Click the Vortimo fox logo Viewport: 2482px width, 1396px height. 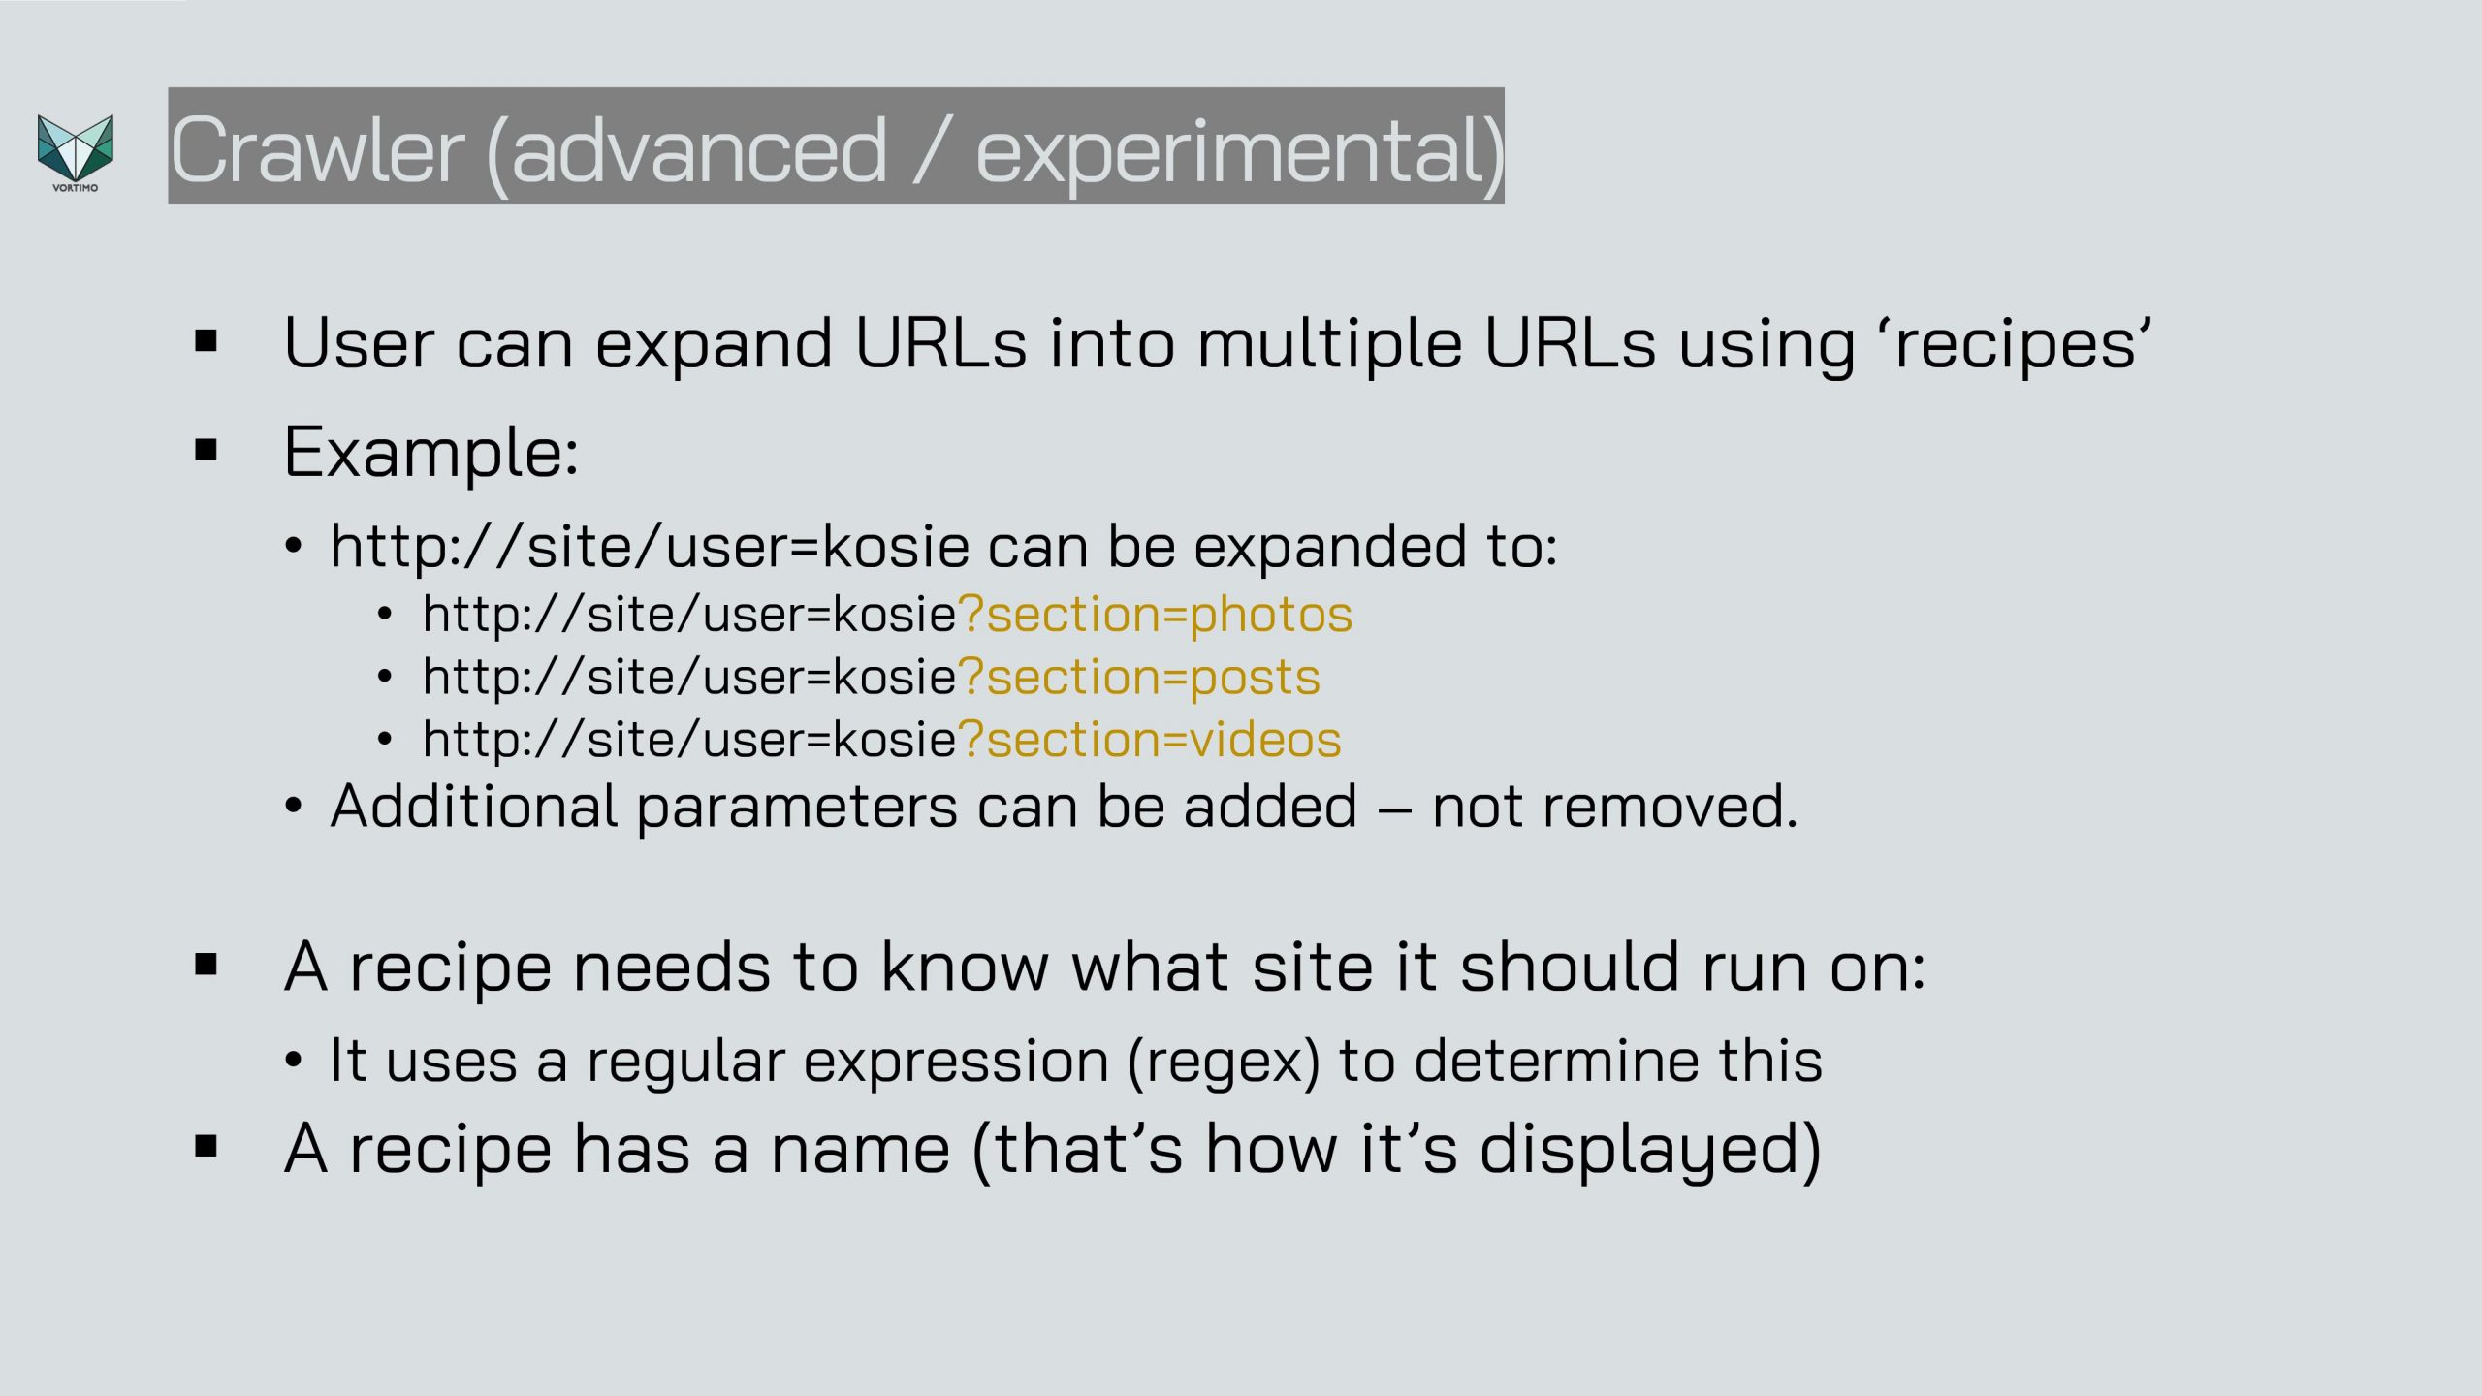click(x=76, y=152)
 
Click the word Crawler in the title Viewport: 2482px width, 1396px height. click(x=317, y=150)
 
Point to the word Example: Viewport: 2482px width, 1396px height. click(x=431, y=453)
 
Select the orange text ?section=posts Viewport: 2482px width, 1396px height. click(x=1139, y=678)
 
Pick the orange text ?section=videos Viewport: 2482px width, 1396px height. click(x=1150, y=740)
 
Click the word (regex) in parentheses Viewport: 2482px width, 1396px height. click(x=1224, y=1061)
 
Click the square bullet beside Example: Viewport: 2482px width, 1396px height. click(x=206, y=450)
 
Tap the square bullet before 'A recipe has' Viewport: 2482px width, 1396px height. click(x=206, y=1147)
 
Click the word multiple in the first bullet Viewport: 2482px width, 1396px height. click(x=1329, y=343)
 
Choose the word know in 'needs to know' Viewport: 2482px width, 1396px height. click(x=965, y=967)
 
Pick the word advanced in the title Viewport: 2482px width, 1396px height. click(x=698, y=150)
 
